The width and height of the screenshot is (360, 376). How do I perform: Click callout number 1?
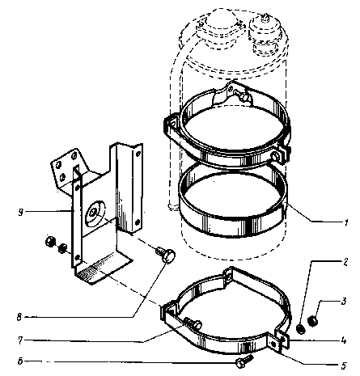click(346, 222)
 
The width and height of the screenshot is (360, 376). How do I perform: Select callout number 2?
click(345, 262)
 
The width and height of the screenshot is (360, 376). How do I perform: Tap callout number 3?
click(344, 301)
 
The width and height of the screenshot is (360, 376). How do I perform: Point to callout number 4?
click(344, 340)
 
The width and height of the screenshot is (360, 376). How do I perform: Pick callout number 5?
click(343, 365)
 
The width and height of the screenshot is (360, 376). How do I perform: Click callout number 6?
click(20, 361)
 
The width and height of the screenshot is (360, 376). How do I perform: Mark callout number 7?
click(20, 340)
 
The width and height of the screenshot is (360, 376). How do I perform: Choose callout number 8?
click(19, 317)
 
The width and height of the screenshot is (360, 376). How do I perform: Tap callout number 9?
click(20, 213)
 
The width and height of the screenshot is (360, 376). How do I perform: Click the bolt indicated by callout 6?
click(244, 361)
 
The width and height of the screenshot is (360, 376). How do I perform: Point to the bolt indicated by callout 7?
click(193, 323)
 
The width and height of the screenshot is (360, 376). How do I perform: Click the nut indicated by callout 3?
click(313, 321)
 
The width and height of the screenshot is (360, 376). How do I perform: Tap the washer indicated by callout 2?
click(301, 329)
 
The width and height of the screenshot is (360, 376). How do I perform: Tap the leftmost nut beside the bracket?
click(50, 241)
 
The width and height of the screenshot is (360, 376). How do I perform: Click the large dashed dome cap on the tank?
click(221, 24)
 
